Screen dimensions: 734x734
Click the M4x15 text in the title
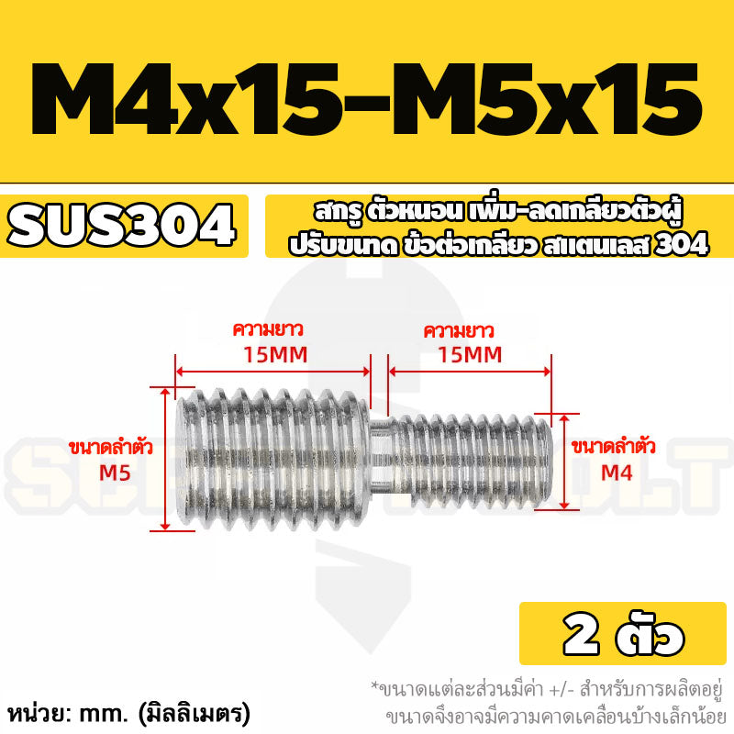(x=184, y=99)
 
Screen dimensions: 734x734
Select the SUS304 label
(x=121, y=226)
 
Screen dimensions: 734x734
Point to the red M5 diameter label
(x=115, y=473)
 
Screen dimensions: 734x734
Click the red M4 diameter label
(x=617, y=473)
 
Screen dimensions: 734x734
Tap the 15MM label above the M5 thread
(x=275, y=355)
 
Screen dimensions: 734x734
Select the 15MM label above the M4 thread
(x=470, y=355)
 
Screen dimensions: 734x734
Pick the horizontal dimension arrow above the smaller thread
(x=470, y=372)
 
